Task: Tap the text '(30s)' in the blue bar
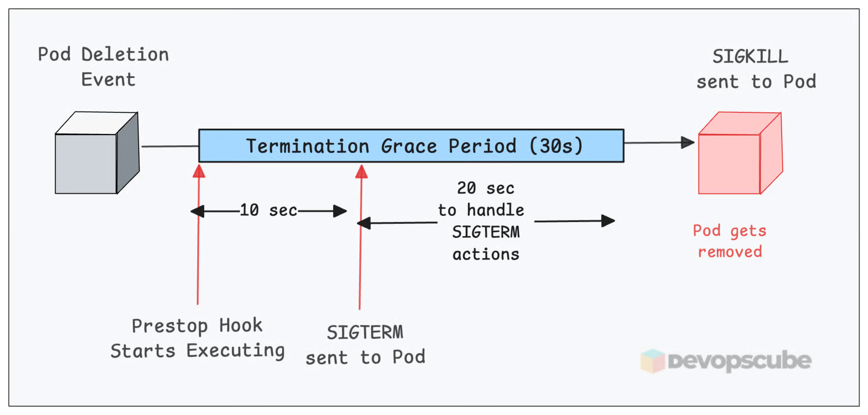point(556,146)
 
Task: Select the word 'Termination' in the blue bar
point(307,146)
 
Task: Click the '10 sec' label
point(269,210)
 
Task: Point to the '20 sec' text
point(485,188)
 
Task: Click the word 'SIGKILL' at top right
point(750,57)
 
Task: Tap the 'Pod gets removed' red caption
point(729,241)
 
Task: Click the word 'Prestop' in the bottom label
point(170,326)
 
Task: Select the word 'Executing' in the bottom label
point(236,351)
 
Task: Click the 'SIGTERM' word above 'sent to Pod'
point(365,333)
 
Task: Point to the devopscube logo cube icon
point(652,361)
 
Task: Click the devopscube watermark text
point(739,361)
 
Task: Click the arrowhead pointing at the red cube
point(688,143)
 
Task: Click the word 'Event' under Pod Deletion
point(108,80)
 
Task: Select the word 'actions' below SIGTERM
point(486,254)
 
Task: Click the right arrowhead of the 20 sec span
point(608,221)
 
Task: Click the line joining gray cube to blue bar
point(170,146)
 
